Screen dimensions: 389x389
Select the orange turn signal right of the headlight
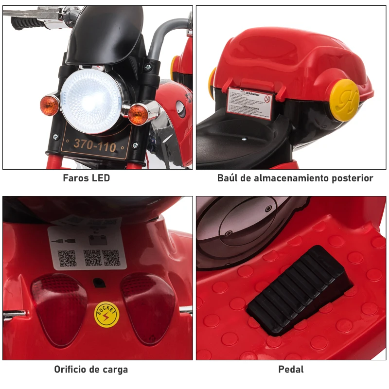(139, 114)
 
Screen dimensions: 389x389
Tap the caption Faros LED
(87, 178)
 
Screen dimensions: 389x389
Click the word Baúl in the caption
(228, 178)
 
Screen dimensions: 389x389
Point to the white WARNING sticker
(250, 104)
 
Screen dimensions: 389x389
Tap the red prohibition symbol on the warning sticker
(266, 99)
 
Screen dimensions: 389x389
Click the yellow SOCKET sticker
(106, 315)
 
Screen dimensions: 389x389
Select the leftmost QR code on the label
(67, 258)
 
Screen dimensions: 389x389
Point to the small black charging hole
(99, 283)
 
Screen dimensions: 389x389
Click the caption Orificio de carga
(91, 370)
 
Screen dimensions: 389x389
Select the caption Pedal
(291, 370)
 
